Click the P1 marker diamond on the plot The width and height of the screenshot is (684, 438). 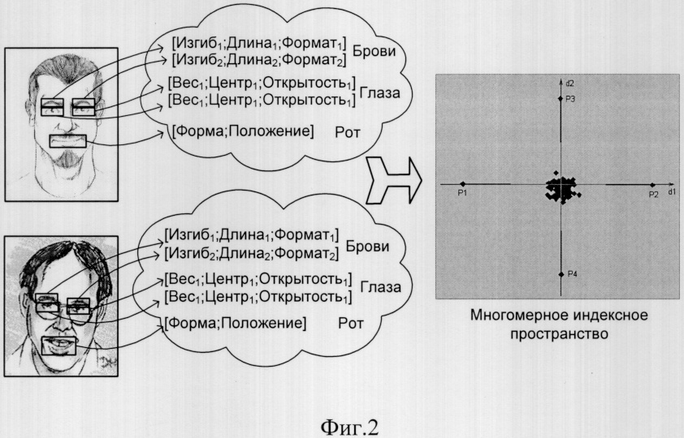pos(463,184)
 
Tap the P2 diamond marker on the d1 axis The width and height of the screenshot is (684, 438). pos(652,185)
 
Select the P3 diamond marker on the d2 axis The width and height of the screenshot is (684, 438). pos(561,99)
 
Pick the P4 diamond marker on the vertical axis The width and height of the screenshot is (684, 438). pos(561,274)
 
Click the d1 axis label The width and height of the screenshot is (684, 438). pos(671,192)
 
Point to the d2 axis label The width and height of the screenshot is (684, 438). pos(569,83)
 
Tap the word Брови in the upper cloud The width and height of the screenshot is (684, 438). pos(374,51)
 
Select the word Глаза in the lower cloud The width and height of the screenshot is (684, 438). pos(380,287)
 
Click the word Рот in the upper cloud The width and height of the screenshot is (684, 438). pos(348,132)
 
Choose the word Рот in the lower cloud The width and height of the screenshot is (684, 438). pos(351,324)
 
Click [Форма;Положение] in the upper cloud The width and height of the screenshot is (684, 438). pos(243,131)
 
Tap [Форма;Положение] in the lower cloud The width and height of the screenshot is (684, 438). pos(236,323)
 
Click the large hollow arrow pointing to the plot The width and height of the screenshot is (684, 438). pos(393,180)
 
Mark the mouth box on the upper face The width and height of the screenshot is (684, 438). pos(67,141)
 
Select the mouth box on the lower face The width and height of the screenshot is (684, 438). pos(58,346)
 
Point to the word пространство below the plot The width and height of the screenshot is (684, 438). pos(559,334)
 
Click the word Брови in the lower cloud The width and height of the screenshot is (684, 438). pos(367,247)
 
